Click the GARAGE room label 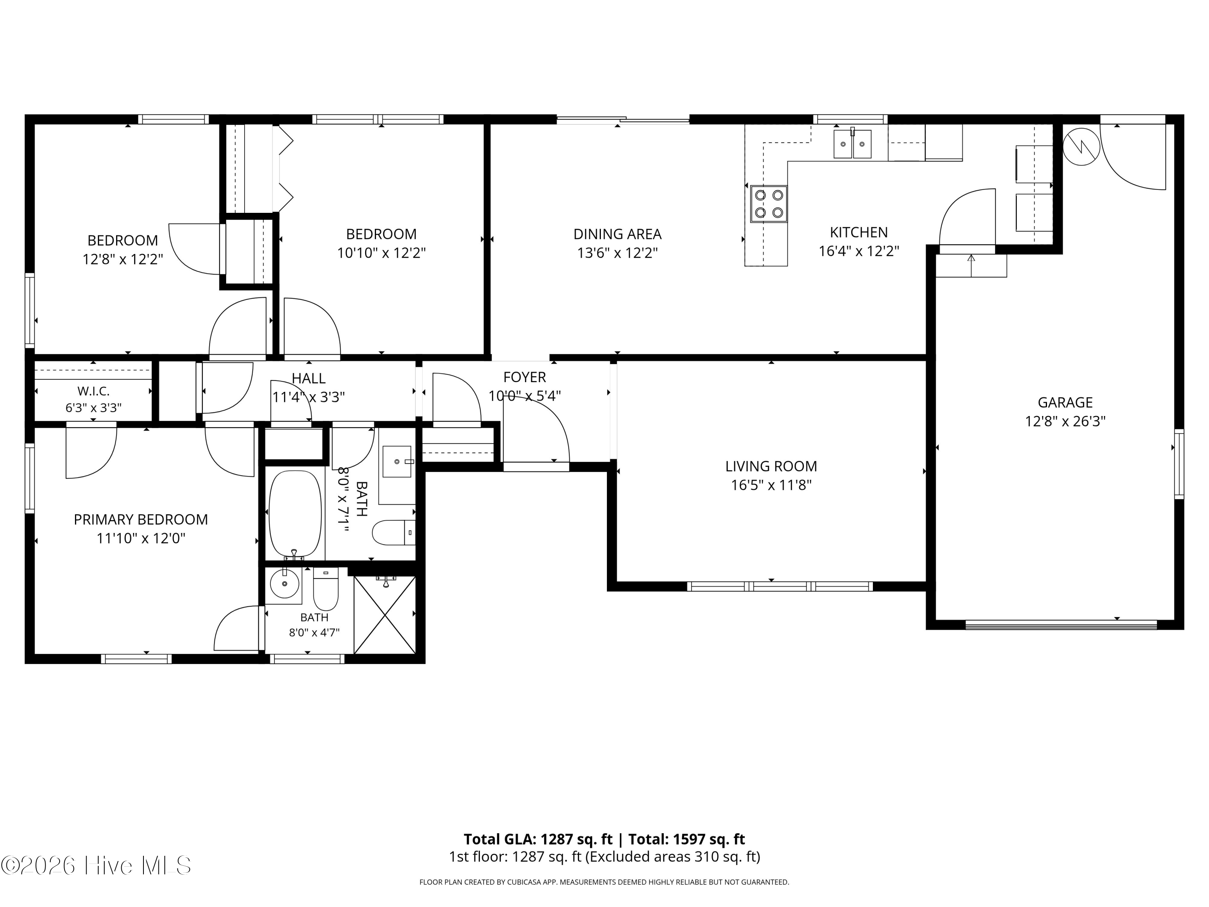click(x=1065, y=402)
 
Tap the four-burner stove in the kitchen click(x=769, y=204)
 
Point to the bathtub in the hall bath click(x=295, y=514)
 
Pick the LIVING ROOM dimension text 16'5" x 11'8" click(x=771, y=485)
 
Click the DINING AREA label click(x=617, y=234)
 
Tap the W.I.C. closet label click(x=93, y=391)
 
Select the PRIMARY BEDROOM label click(x=141, y=519)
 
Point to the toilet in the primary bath click(x=326, y=589)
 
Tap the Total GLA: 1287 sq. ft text click(x=538, y=839)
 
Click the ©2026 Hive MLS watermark click(x=96, y=865)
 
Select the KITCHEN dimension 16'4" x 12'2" click(x=859, y=251)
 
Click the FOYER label click(x=524, y=377)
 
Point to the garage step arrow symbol click(x=971, y=264)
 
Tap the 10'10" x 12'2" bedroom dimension click(x=382, y=253)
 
